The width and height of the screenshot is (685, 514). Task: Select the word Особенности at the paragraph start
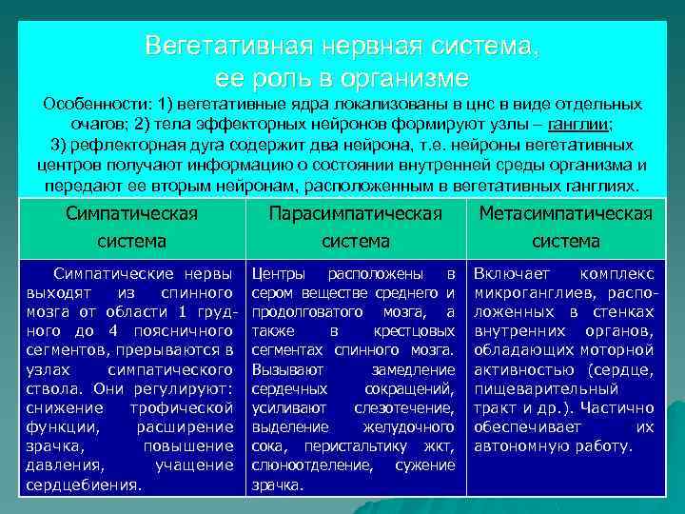[x=89, y=104]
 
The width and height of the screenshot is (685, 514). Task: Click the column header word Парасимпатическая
[x=355, y=212]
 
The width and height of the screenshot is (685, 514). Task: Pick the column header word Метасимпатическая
[x=566, y=212]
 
